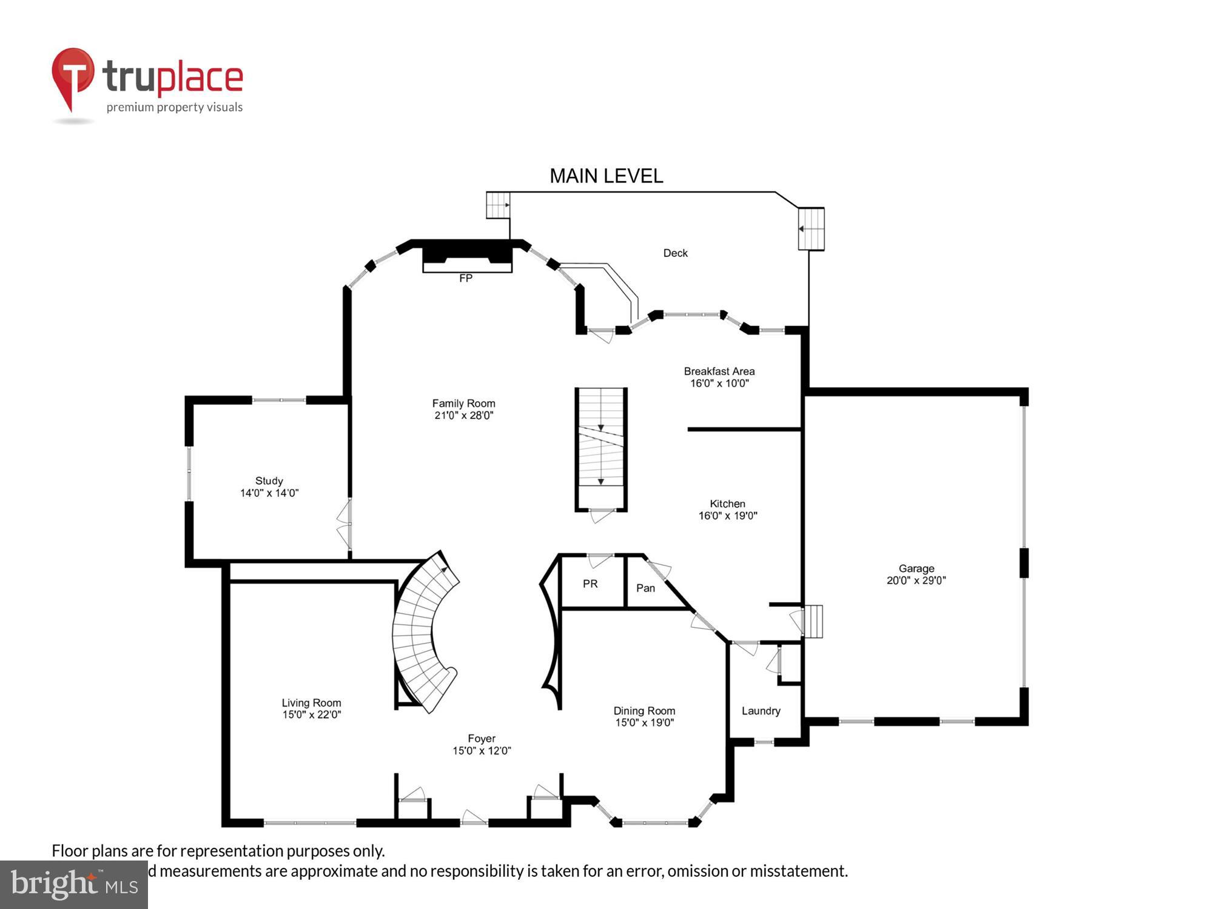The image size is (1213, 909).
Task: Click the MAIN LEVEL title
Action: [606, 176]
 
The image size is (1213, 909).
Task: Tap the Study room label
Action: [269, 481]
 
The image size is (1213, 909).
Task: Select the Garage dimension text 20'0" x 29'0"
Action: [916, 580]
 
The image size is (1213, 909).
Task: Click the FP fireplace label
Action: [465, 278]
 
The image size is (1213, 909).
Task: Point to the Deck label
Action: [675, 253]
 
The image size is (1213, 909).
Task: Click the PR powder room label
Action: [590, 584]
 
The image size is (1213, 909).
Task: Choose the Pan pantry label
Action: [645, 588]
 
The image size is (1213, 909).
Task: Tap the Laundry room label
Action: [761, 711]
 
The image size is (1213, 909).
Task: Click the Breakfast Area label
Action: [719, 371]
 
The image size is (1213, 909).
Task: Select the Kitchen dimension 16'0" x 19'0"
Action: [728, 516]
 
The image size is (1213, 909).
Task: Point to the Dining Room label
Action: [644, 710]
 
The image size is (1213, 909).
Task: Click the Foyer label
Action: [482, 738]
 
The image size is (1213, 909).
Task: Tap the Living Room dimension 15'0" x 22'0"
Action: [311, 714]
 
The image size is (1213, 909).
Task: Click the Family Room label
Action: [463, 403]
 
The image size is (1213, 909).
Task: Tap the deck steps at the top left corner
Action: [498, 205]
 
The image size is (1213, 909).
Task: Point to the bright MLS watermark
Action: [73, 885]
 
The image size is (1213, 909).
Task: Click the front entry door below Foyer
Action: [474, 819]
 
